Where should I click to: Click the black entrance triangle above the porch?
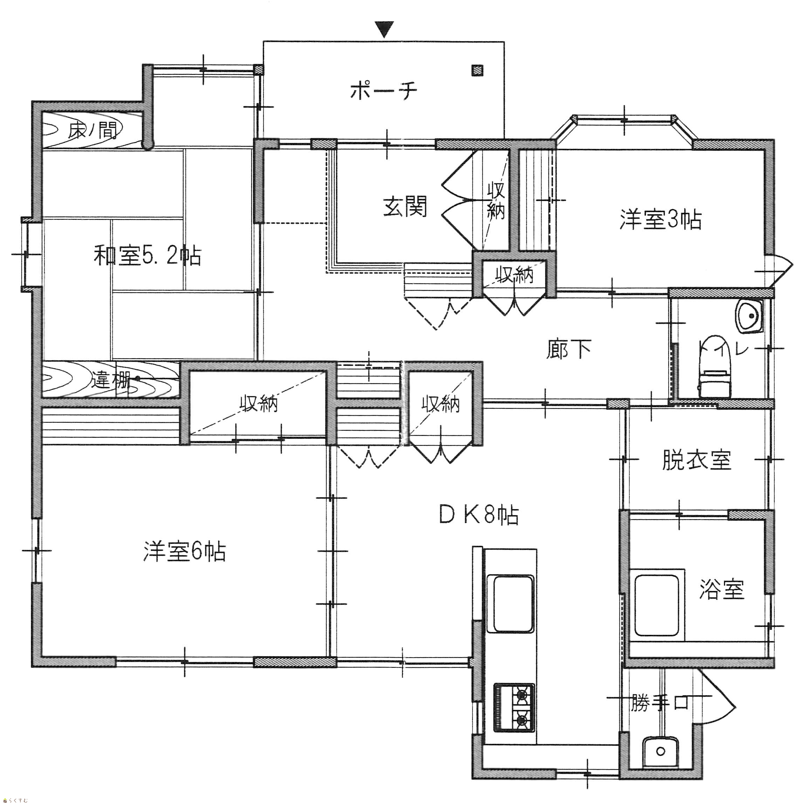click(384, 29)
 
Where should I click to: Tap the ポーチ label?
click(383, 91)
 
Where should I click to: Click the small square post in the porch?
click(477, 70)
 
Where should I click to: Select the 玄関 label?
click(405, 206)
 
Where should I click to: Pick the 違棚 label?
click(110, 380)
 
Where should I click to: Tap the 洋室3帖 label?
click(660, 220)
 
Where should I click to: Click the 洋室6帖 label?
click(184, 552)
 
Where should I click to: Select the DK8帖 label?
click(479, 515)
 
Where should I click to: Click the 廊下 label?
click(569, 349)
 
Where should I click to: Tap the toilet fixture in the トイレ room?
click(714, 367)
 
